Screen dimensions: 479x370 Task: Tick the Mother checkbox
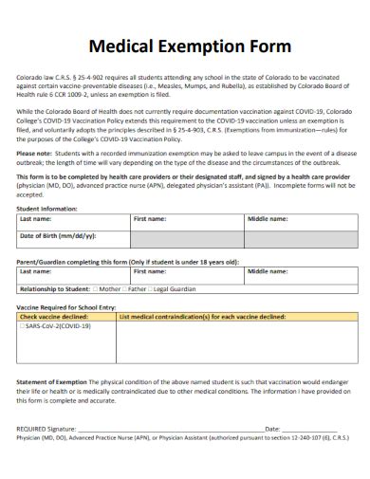coord(96,288)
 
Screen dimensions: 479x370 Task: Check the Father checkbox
coord(126,288)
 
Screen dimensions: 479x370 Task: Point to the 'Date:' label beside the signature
coord(272,430)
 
